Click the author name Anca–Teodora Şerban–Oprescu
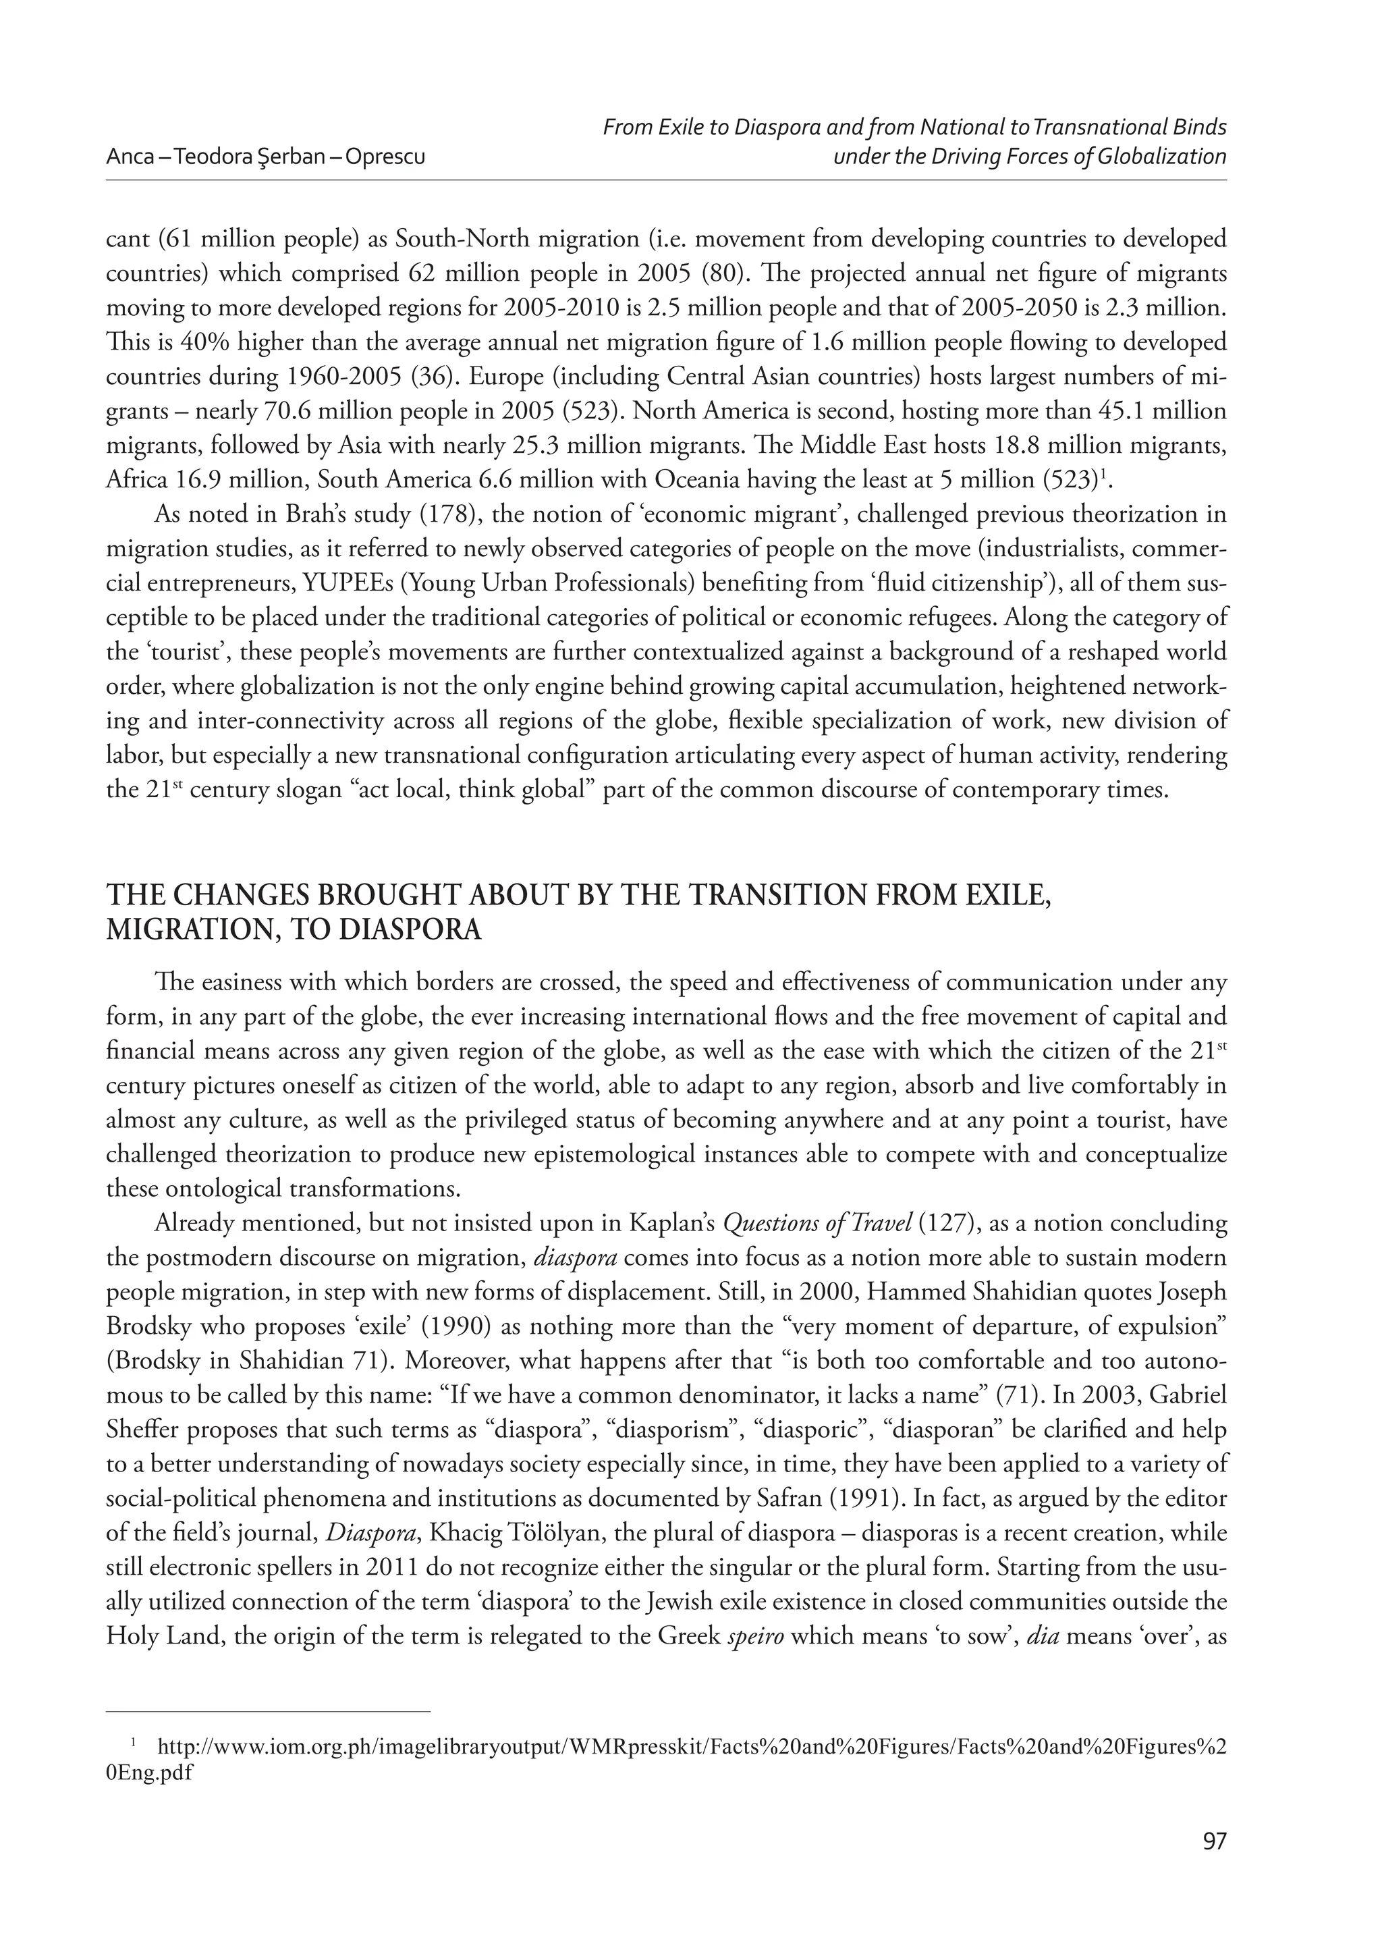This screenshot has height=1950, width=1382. pyautogui.click(x=265, y=157)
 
